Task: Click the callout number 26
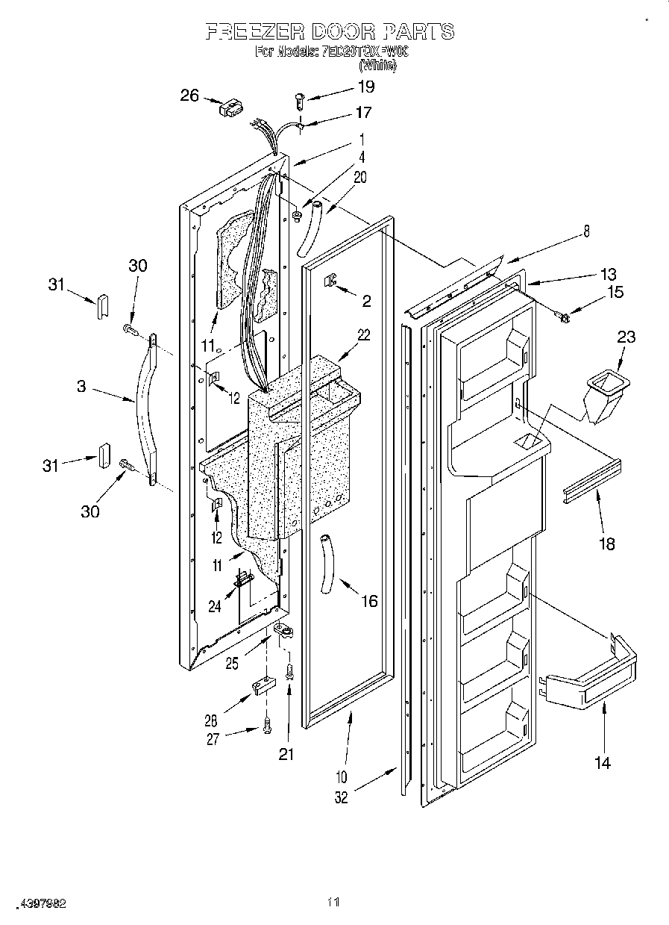(x=190, y=95)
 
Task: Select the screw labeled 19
(x=300, y=97)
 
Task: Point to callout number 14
(x=602, y=762)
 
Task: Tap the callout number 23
(x=626, y=337)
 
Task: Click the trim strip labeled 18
(x=592, y=482)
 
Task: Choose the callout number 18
(x=607, y=544)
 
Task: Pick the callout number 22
(x=363, y=335)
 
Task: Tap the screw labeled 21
(x=290, y=671)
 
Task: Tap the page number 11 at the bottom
(x=333, y=902)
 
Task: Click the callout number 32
(x=342, y=797)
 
